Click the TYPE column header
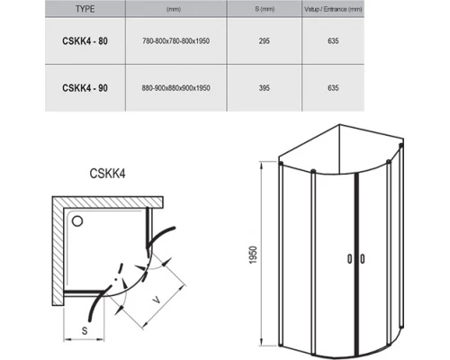(x=85, y=9)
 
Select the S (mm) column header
(x=265, y=9)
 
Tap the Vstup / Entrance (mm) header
(x=333, y=9)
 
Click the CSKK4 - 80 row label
(x=85, y=40)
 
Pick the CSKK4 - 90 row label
(x=85, y=88)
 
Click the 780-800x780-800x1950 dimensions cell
(x=175, y=40)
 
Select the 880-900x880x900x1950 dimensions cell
(x=175, y=88)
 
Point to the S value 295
(x=265, y=40)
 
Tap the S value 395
(x=265, y=88)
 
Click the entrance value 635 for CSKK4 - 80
(x=333, y=40)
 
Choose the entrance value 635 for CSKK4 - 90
(x=333, y=88)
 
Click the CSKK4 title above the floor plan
(x=107, y=174)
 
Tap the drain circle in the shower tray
(x=77, y=221)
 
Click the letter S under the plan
(x=85, y=330)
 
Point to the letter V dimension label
(x=156, y=299)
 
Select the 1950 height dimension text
(x=253, y=255)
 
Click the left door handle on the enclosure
(x=349, y=259)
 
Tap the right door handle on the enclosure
(x=363, y=259)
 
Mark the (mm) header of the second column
(x=174, y=9)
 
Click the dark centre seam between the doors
(x=356, y=265)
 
